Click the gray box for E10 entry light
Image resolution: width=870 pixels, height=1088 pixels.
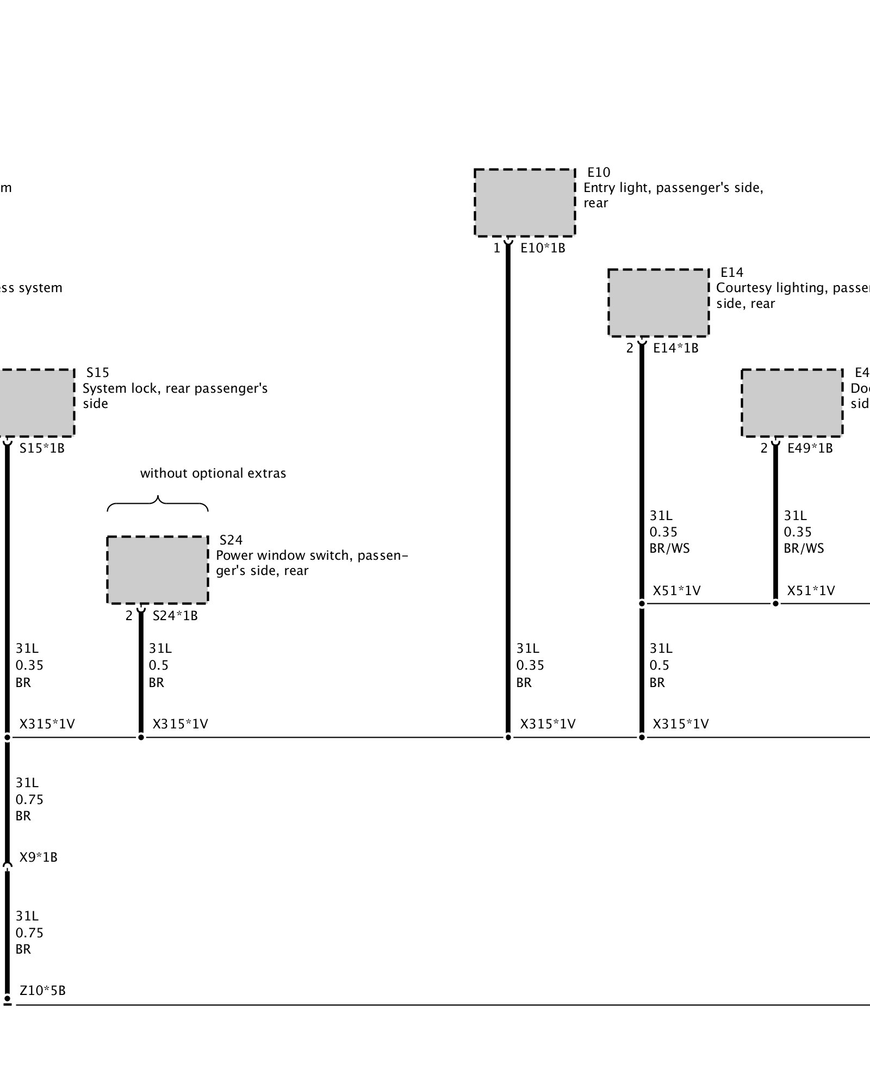tap(525, 202)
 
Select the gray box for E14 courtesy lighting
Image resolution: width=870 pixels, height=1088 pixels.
tap(658, 302)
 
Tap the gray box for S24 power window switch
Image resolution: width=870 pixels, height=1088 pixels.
tap(157, 570)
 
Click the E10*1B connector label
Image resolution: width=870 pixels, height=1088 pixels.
tap(543, 248)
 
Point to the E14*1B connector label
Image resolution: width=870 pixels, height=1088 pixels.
tap(675, 348)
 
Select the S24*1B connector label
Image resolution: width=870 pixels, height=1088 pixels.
tap(175, 616)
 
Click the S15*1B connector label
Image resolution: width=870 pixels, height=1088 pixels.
tap(42, 448)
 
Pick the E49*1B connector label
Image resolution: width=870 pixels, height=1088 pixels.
tap(810, 448)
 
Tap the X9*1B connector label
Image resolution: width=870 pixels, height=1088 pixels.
tap(38, 857)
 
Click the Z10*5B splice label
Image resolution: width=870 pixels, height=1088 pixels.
tap(42, 991)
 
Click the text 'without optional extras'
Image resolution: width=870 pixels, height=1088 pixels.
tap(213, 473)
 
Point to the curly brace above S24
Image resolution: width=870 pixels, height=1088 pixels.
tap(158, 504)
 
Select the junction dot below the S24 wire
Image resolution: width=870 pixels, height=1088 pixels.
tap(141, 738)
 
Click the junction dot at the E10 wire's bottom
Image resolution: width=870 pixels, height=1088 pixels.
tap(508, 738)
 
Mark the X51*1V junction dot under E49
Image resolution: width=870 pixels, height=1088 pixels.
tap(775, 603)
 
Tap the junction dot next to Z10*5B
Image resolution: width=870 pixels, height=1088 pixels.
tap(7, 999)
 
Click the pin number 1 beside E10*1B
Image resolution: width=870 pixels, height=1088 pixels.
tap(496, 249)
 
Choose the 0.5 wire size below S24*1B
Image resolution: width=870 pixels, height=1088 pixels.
tap(159, 665)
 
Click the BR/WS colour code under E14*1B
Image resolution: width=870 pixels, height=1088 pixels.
tap(669, 548)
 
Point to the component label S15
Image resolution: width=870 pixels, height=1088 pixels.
tap(98, 373)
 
